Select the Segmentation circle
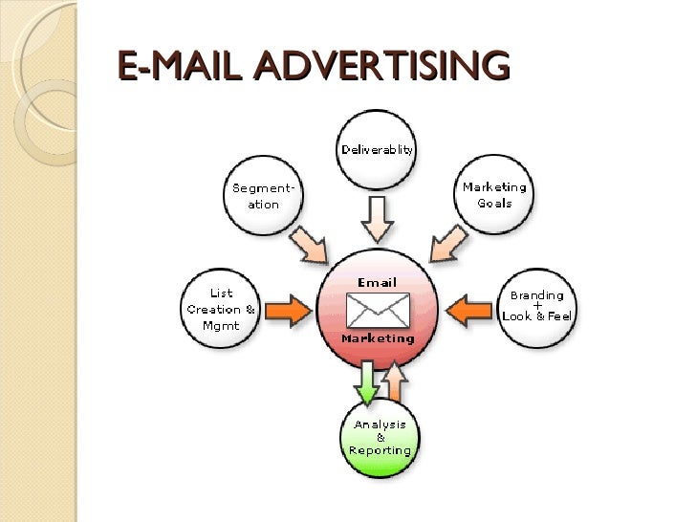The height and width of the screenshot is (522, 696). click(x=264, y=196)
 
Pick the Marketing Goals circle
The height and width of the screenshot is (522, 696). click(x=493, y=195)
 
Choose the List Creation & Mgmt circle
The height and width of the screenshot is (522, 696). click(x=221, y=310)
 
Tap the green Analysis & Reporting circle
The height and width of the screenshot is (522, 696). click(x=380, y=437)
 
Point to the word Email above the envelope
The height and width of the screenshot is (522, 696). click(x=378, y=282)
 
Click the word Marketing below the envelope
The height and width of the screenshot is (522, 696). click(x=379, y=338)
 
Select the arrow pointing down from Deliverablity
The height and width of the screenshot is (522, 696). click(x=378, y=218)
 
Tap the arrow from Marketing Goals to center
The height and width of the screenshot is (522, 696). click(x=446, y=242)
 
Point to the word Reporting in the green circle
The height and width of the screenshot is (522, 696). click(x=380, y=450)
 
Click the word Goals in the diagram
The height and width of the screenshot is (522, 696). click(x=494, y=203)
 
